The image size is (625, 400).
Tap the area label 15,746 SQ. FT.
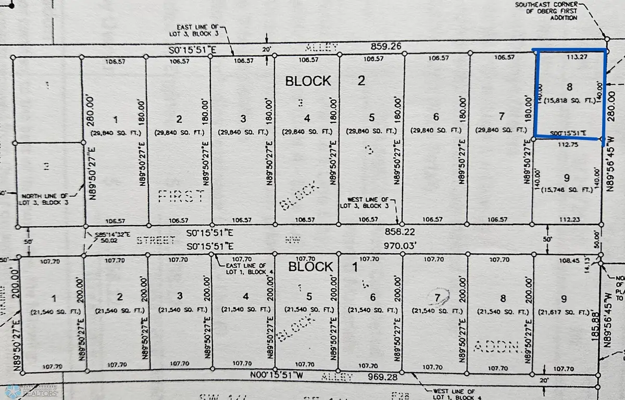567,190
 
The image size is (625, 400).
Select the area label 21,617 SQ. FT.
567,311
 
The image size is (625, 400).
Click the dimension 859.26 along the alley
386,46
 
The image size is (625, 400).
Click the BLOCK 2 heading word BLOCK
308,81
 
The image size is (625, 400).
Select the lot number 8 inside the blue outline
568,86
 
